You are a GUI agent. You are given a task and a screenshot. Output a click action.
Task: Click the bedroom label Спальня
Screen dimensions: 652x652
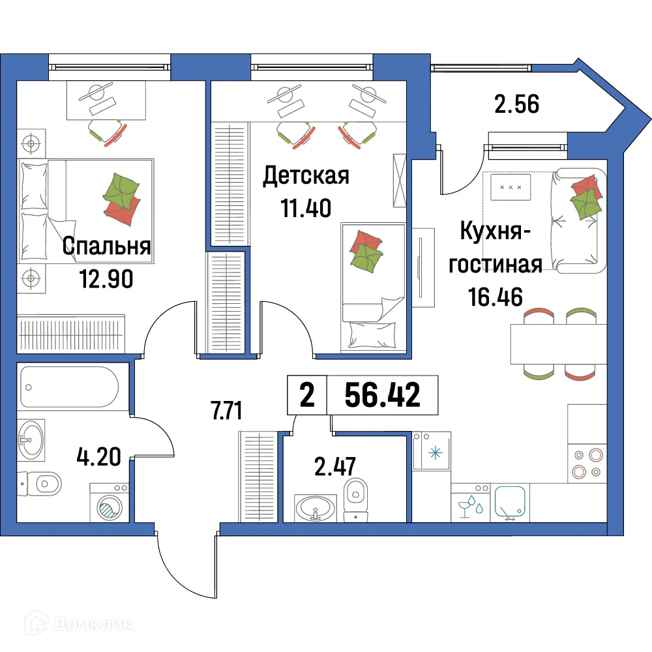pyautogui.click(x=107, y=246)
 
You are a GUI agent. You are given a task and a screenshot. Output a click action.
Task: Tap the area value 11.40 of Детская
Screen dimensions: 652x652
pyautogui.click(x=306, y=208)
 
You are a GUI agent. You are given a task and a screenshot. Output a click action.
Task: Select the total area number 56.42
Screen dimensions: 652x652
pyautogui.click(x=382, y=395)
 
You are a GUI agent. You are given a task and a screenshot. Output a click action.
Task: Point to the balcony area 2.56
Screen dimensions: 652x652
pyautogui.click(x=516, y=104)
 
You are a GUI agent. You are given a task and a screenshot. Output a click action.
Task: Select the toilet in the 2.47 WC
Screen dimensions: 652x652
pyautogui.click(x=355, y=499)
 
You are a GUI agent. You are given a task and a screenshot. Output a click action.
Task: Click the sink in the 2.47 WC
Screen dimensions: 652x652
pyautogui.click(x=316, y=507)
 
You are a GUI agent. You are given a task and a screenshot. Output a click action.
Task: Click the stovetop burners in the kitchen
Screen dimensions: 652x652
pyautogui.click(x=587, y=464)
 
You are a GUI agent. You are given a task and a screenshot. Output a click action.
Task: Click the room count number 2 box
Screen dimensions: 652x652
pyautogui.click(x=306, y=395)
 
